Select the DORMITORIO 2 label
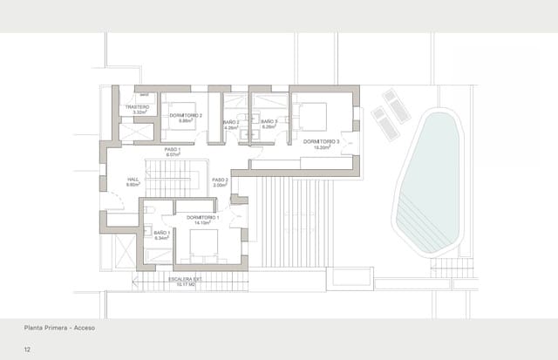point(186,116)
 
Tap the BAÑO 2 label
point(231,122)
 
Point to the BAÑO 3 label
point(269,122)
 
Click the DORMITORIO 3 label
point(321,141)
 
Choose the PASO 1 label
point(173,149)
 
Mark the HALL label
point(133,180)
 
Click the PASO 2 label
point(220,180)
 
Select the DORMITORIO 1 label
point(202,217)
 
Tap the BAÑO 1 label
point(162,233)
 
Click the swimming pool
point(432,183)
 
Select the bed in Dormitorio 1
point(203,247)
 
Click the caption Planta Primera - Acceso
point(59,329)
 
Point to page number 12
point(28,349)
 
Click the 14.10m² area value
point(202,223)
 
